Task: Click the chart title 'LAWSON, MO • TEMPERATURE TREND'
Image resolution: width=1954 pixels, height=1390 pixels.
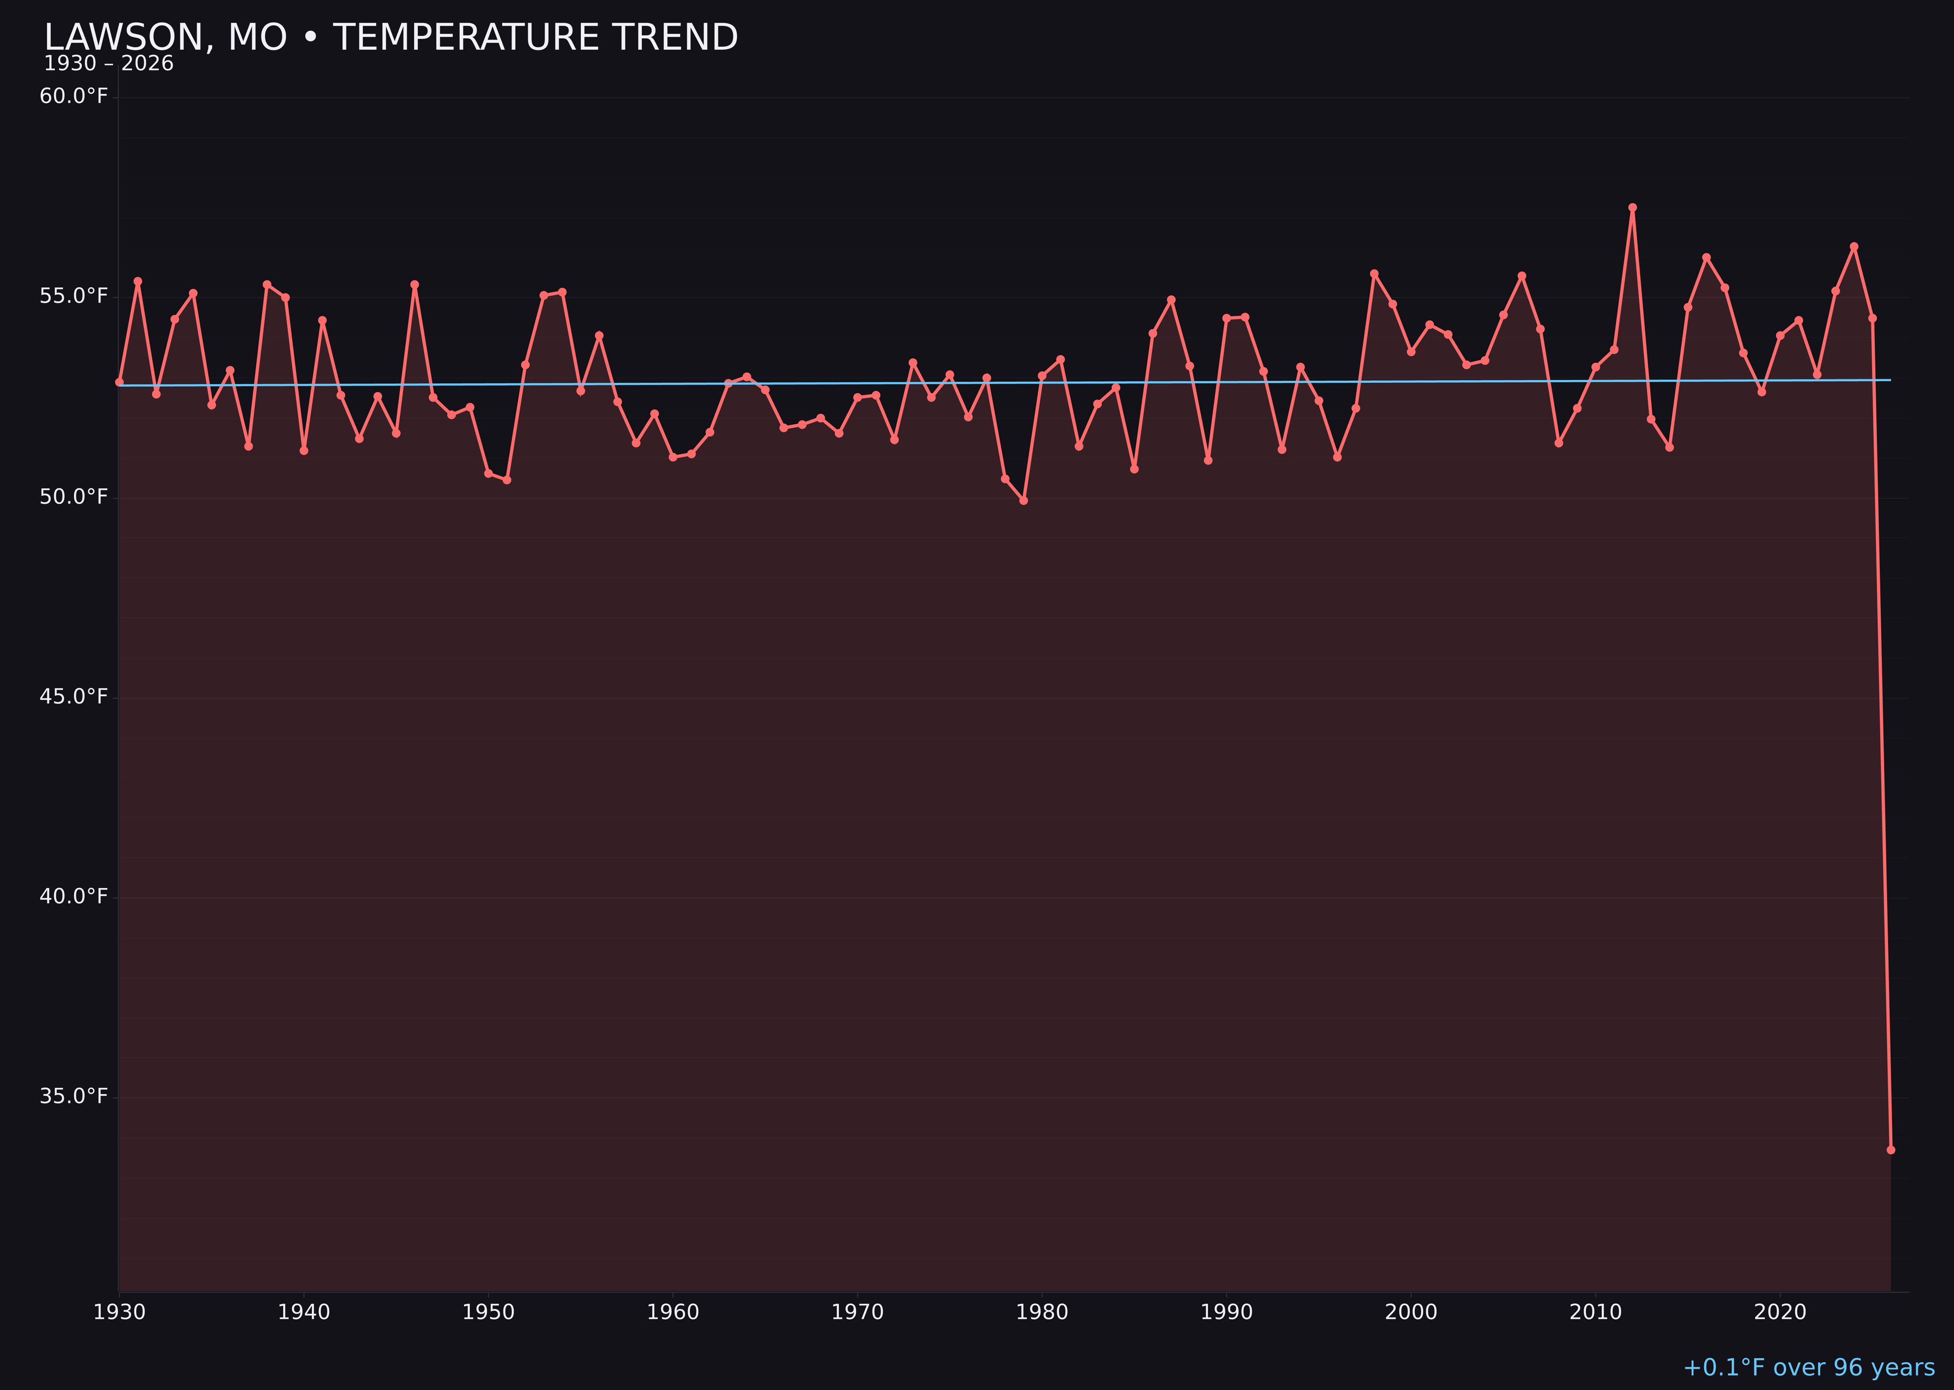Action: (390, 38)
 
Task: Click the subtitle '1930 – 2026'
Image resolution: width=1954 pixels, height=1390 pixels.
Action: (108, 64)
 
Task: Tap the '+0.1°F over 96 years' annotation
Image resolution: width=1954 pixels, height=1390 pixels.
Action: (1808, 1367)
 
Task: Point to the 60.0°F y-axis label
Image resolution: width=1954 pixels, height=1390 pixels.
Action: (74, 96)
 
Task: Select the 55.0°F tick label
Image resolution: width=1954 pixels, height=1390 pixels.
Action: (74, 296)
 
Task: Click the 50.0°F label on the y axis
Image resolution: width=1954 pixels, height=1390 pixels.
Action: (74, 497)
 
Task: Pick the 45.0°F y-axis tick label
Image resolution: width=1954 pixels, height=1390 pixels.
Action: (74, 697)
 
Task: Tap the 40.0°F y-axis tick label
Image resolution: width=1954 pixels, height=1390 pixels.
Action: (74, 896)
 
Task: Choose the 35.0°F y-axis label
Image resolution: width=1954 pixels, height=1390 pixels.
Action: (74, 1096)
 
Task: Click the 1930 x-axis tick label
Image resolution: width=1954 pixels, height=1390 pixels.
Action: (120, 1312)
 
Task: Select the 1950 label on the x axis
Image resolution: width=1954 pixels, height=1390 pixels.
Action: (488, 1312)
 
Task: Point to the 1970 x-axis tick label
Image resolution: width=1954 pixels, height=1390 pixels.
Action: (857, 1312)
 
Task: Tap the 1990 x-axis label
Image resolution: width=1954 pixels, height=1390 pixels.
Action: (1226, 1312)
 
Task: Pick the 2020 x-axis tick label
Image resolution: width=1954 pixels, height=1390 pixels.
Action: (1780, 1312)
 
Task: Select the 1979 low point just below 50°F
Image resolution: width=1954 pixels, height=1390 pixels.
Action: (1023, 500)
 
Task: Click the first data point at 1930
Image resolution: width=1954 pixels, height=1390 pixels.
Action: (120, 382)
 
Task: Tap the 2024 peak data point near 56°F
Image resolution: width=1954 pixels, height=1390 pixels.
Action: (1854, 246)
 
